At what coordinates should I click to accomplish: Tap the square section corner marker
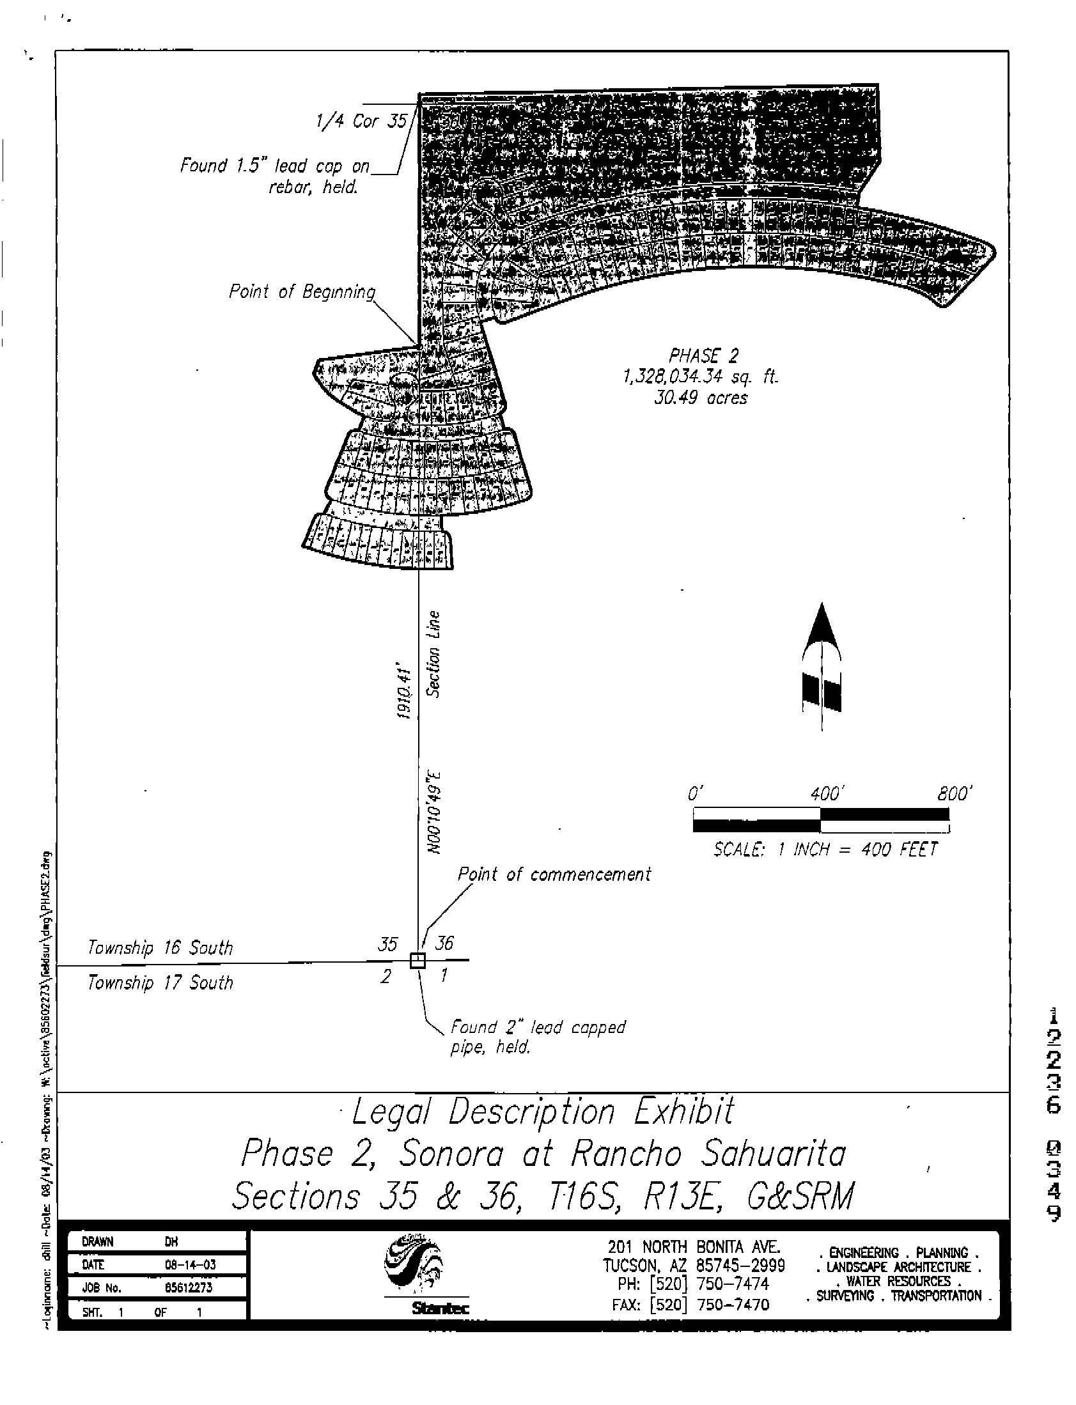(417, 960)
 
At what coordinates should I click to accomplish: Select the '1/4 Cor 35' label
(362, 121)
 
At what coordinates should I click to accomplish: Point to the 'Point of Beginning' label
(302, 292)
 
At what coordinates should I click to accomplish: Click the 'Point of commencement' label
(554, 874)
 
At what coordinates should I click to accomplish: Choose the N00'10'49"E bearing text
(435, 812)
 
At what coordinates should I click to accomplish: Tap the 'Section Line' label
(434, 654)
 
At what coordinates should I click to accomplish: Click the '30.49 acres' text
(701, 398)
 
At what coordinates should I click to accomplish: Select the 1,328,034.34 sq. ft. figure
(701, 376)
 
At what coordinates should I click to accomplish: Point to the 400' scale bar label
(825, 795)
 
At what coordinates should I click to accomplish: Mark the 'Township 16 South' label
(160, 948)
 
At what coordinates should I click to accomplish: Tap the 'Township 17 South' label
(160, 983)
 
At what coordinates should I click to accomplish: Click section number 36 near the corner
(444, 943)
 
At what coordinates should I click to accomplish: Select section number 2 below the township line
(386, 977)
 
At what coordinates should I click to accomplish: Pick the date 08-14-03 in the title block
(191, 1265)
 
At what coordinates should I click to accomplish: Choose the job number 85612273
(189, 1288)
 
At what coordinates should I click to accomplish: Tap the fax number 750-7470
(733, 1305)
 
